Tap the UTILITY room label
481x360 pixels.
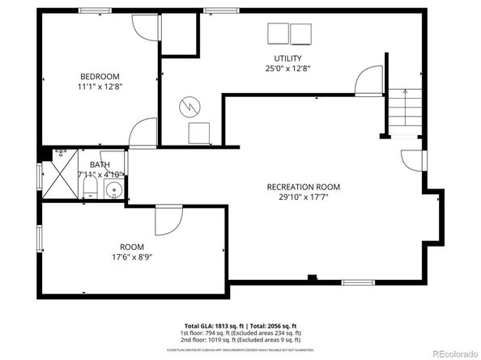click(x=287, y=58)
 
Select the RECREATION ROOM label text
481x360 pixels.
click(x=304, y=187)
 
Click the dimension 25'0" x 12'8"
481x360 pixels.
click(x=287, y=68)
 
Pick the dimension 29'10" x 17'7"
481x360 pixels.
click(x=304, y=197)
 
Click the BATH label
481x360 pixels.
click(x=100, y=164)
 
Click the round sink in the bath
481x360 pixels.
click(x=114, y=192)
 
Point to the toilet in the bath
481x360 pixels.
click(x=90, y=190)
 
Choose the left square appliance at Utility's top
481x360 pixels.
click(x=277, y=34)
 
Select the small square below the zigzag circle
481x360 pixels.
click(x=199, y=133)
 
